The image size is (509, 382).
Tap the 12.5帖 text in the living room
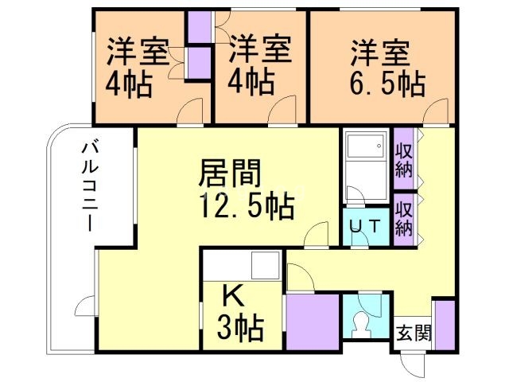coord(247,206)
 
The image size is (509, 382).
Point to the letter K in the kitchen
coord(231,295)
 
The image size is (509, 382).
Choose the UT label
coord(366,225)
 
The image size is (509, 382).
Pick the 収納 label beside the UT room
coord(403,216)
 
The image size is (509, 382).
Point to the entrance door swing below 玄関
coord(412,364)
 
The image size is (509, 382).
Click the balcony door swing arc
coord(85,307)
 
